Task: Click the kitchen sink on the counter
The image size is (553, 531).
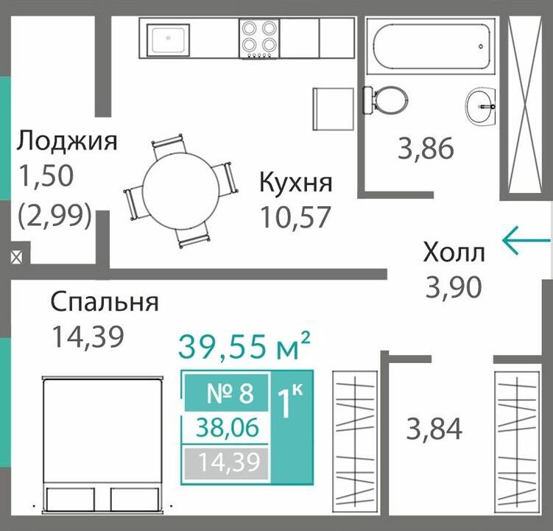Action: [x=169, y=38]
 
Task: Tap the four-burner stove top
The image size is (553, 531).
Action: [x=259, y=38]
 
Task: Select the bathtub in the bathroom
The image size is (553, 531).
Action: [x=431, y=46]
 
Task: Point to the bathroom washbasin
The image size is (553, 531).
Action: [x=482, y=106]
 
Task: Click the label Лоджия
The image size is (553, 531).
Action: [x=67, y=140]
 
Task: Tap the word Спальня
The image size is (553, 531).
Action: [x=104, y=302]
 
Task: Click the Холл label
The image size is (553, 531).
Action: [x=454, y=253]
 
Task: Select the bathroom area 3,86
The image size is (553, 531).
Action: [x=426, y=150]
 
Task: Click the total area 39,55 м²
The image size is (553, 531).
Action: [x=243, y=346]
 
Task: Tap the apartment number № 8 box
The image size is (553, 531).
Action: [x=227, y=393]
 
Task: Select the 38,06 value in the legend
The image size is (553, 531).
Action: [x=227, y=427]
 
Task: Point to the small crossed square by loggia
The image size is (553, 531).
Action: [x=16, y=258]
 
